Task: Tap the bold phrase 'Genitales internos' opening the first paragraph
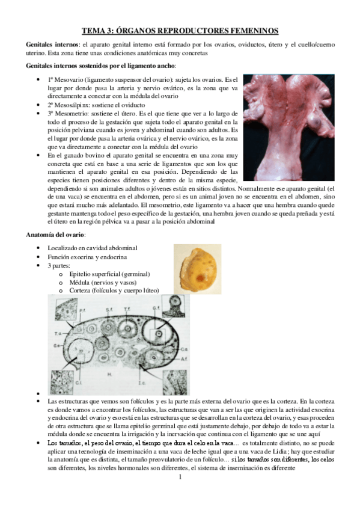tap(51, 45)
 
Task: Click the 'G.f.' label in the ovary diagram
tap(156, 309)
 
